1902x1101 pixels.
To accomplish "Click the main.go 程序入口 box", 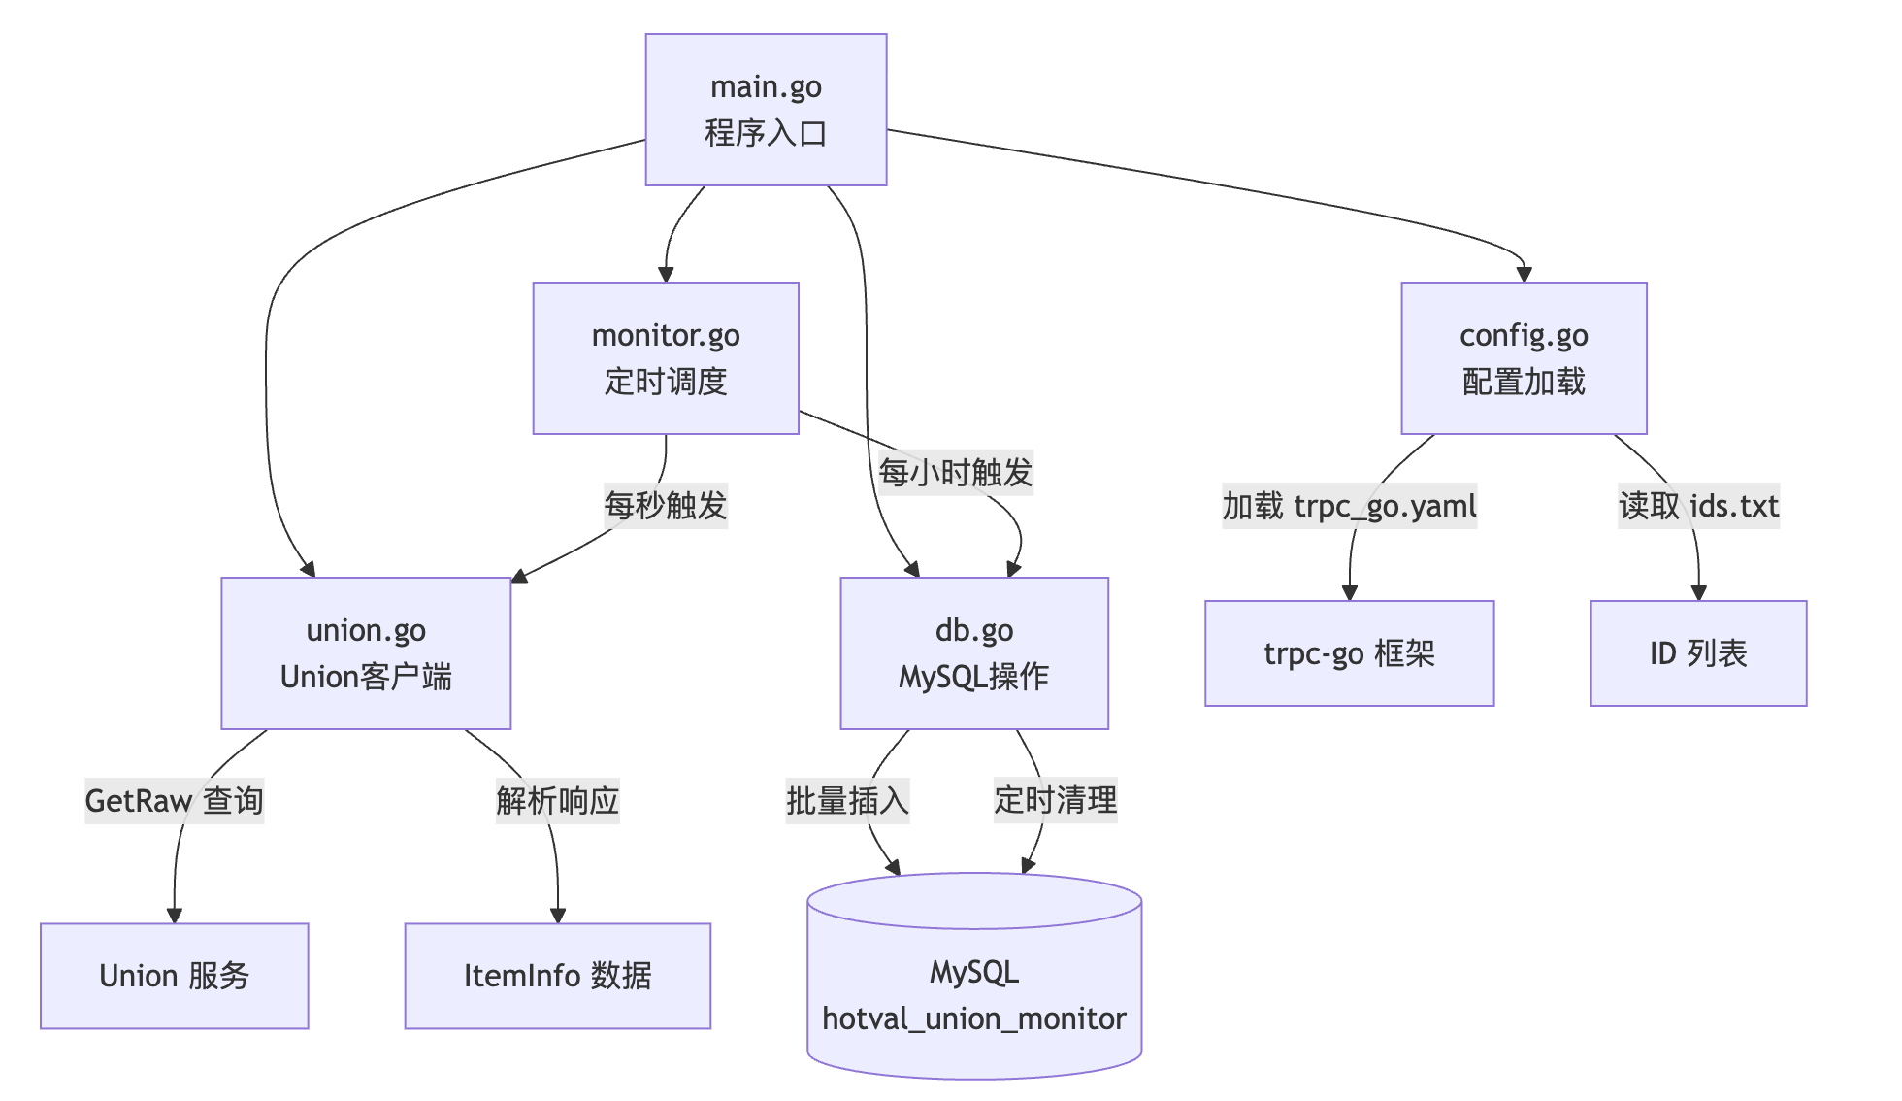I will [x=766, y=110].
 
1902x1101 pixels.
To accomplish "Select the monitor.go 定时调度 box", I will [x=666, y=358].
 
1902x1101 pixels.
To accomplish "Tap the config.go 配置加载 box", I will [x=1524, y=358].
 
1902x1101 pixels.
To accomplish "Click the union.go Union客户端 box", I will [x=366, y=653].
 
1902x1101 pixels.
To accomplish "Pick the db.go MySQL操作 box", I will [x=974, y=653].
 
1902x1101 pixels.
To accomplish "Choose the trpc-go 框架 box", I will [x=1349, y=653].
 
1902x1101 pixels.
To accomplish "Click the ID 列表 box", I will [x=1698, y=653].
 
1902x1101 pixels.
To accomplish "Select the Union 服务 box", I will [x=175, y=976].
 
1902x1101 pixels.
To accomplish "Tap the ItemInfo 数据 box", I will [x=558, y=976].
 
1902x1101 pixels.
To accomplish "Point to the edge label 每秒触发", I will [x=666, y=505].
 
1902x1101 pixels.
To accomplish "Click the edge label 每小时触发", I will [x=956, y=473].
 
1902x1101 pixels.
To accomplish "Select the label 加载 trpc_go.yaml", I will [x=1349, y=506].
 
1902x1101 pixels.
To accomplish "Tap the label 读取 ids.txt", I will [x=1698, y=506].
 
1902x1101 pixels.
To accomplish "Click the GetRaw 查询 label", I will [x=175, y=801].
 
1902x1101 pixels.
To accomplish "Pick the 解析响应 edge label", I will [x=558, y=801].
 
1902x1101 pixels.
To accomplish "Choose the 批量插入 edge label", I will [x=847, y=801].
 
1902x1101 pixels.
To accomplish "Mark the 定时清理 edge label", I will [x=1056, y=801].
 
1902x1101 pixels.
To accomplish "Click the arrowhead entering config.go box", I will [x=1524, y=274].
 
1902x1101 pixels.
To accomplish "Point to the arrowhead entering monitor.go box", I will [x=666, y=274].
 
